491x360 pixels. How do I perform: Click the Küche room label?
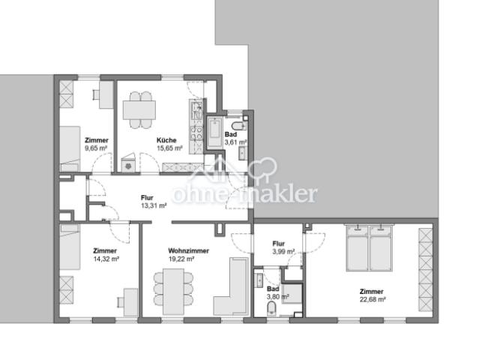(166, 140)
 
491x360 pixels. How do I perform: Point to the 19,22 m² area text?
(181, 259)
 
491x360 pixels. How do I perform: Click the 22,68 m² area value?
(372, 300)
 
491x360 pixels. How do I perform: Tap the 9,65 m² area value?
(97, 148)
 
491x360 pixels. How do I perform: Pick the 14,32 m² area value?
(105, 259)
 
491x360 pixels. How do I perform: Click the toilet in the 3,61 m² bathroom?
(238, 124)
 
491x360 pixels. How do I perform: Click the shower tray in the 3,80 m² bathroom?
(292, 292)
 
